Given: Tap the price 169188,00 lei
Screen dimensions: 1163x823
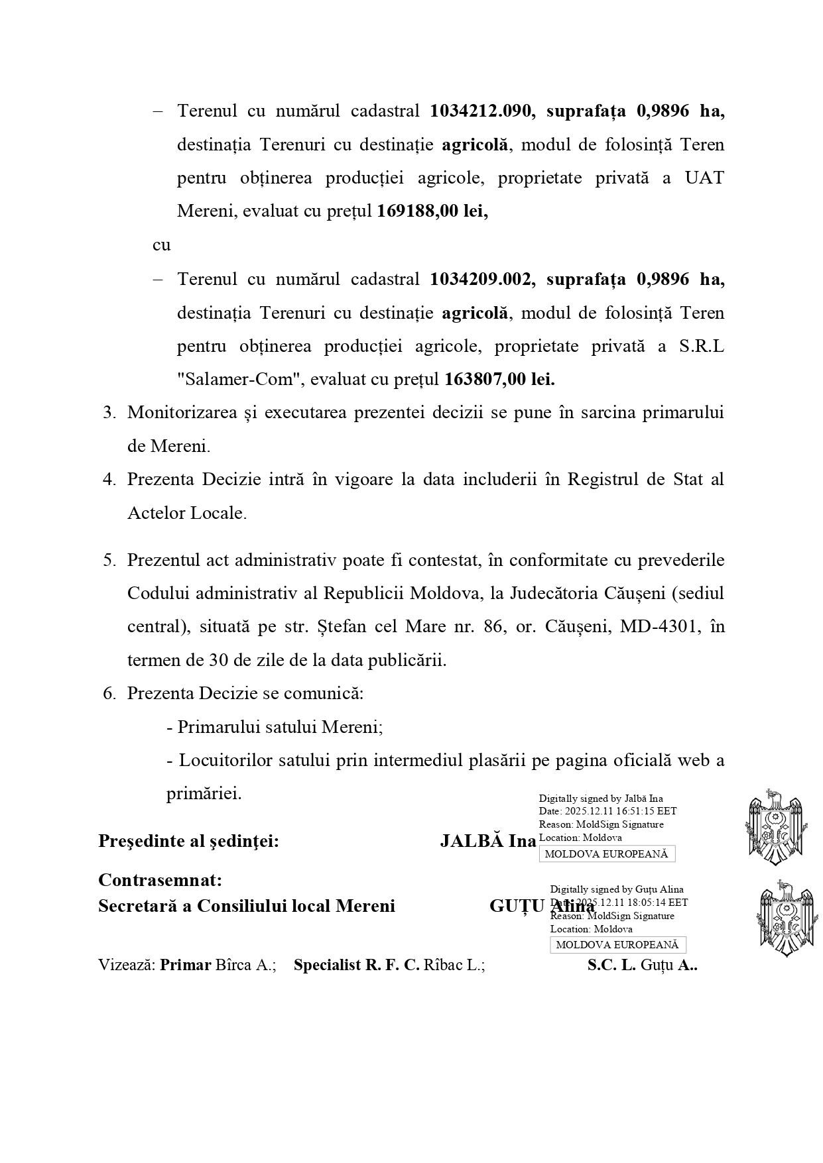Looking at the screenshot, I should coord(432,211).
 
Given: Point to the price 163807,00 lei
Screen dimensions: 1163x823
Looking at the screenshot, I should coord(499,380).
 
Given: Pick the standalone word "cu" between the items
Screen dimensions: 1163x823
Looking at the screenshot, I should coord(161,245).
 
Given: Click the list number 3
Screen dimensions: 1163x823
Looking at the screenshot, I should coord(109,413).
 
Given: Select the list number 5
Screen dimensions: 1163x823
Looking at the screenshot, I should coord(109,561).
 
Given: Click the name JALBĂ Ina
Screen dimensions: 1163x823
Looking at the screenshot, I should coord(487,841).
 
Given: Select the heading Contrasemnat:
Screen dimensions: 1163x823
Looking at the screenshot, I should coord(160,880).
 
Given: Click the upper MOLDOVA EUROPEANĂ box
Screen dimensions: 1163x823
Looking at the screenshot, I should coord(606,854).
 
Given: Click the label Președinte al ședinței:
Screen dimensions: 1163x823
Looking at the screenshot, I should coord(188,841).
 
